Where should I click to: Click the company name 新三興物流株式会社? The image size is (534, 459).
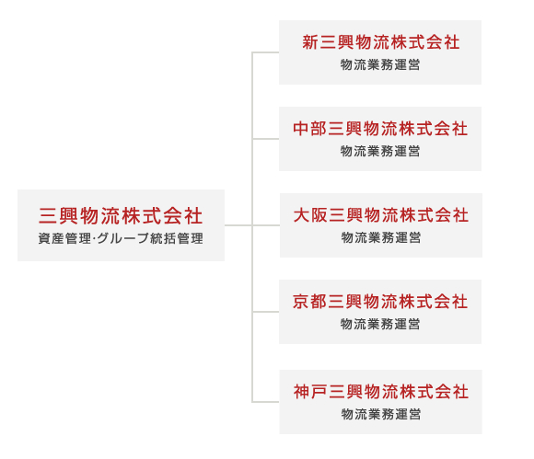381,42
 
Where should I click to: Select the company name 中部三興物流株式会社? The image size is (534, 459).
380,129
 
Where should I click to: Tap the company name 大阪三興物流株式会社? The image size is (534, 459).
381,215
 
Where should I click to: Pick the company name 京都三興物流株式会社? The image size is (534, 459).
380,302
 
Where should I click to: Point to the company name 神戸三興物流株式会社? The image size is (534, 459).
381,391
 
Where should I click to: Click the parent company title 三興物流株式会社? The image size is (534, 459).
121,216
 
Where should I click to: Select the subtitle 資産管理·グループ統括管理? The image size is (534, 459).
121,238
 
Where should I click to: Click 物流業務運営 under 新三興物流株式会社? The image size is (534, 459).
380,64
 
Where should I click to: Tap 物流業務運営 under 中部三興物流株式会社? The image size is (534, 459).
380,151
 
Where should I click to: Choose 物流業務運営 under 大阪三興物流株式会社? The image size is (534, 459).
381,237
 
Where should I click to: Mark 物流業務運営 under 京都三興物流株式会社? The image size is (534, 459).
380,324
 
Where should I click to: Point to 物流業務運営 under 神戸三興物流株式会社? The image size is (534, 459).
381,414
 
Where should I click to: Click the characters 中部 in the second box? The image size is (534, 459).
310,129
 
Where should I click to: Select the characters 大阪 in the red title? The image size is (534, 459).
310,215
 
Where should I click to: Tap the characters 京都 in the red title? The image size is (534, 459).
310,302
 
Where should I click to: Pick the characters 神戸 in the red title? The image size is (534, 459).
310,391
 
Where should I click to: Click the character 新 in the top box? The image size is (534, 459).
310,42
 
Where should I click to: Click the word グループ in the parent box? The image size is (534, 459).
123,238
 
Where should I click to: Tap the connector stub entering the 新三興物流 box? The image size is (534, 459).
266,52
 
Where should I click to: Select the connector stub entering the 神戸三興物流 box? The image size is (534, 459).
266,402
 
